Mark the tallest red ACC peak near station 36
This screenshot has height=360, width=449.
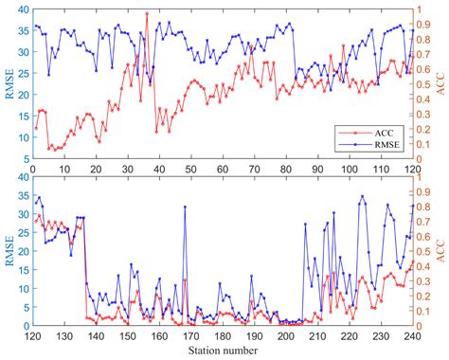(x=147, y=13)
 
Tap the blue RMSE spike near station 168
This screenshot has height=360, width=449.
(x=185, y=207)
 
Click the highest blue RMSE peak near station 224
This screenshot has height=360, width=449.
(x=362, y=197)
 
